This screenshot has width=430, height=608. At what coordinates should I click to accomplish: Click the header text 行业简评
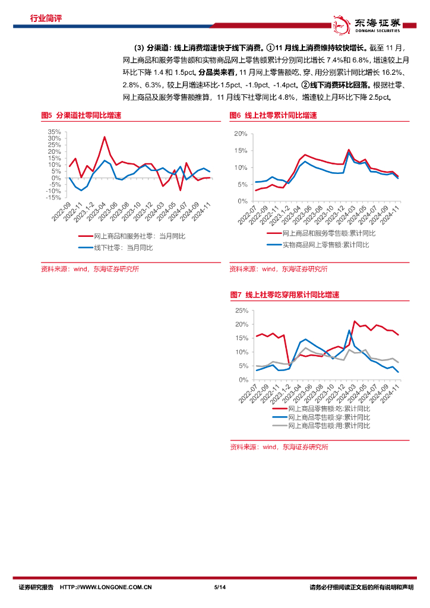(x=46, y=18)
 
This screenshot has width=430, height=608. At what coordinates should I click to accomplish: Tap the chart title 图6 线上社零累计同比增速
(x=273, y=115)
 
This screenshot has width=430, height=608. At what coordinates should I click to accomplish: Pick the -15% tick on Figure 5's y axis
(x=53, y=198)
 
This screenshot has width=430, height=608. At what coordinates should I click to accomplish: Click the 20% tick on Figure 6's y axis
(x=241, y=134)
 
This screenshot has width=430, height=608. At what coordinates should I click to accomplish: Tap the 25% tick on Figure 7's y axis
(x=241, y=311)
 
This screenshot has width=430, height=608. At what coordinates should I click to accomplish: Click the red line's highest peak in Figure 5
(x=105, y=137)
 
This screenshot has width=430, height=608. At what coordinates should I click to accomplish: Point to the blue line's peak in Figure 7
(x=349, y=330)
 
